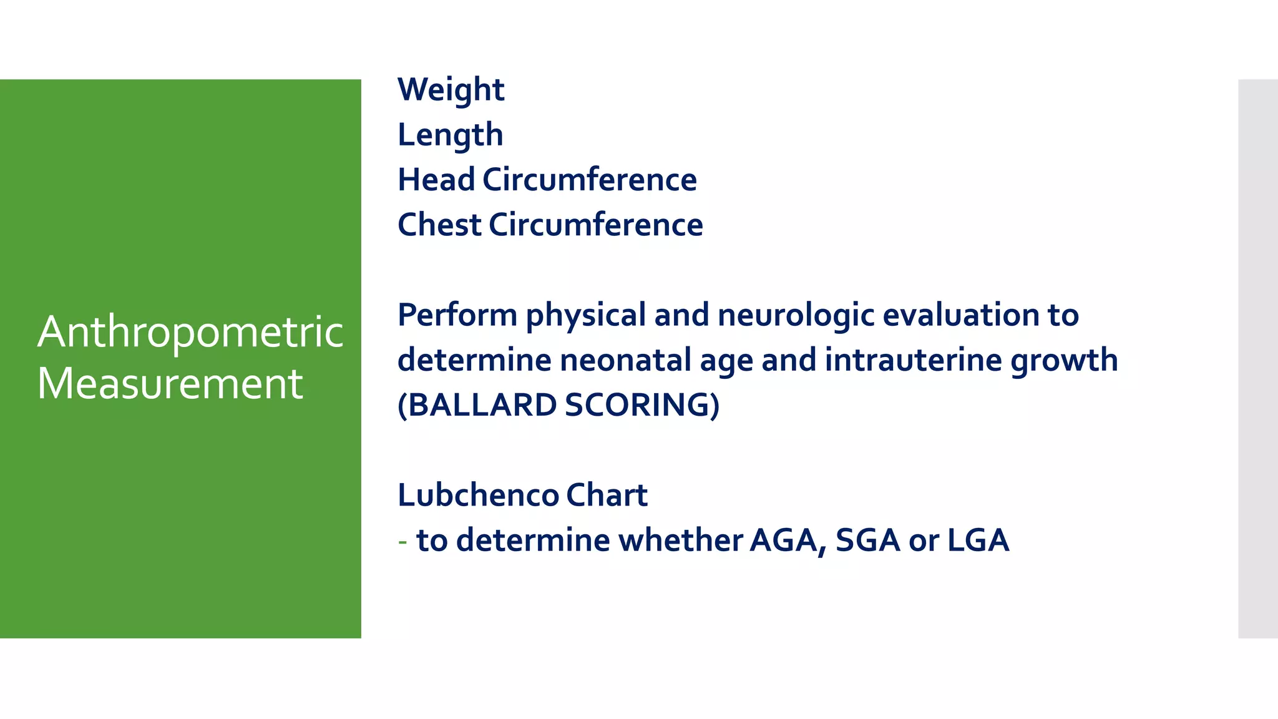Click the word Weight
click(x=451, y=90)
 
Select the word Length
click(x=450, y=135)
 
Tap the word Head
click(x=436, y=180)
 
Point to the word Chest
click(x=439, y=225)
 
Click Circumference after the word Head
click(x=589, y=180)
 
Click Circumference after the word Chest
click(x=595, y=225)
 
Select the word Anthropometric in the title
click(x=190, y=332)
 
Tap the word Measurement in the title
click(x=170, y=383)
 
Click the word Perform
click(x=457, y=315)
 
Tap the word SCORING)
click(x=642, y=405)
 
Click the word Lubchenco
click(x=478, y=495)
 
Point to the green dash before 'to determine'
click(x=402, y=540)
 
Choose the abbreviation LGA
click(x=978, y=540)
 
